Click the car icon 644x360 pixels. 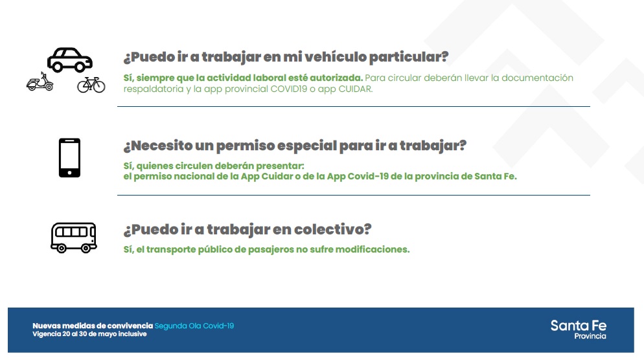[x=70, y=60]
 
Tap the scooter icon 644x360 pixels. [x=40, y=82]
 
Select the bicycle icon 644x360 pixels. [x=91, y=85]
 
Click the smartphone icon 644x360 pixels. [x=69, y=157]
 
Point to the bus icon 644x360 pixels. [x=73, y=238]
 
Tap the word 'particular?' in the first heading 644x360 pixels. [x=409, y=57]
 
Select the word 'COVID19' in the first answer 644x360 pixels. [x=289, y=89]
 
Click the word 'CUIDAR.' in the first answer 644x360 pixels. [x=356, y=89]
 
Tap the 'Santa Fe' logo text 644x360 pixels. [x=579, y=326]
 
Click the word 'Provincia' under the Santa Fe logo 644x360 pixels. [x=590, y=336]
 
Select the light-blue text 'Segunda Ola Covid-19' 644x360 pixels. [x=194, y=326]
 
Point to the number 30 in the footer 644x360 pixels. [x=82, y=334]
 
